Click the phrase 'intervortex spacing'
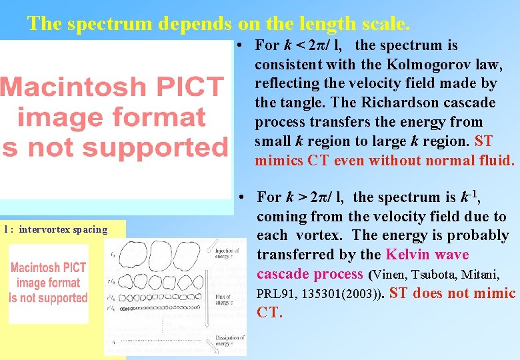[63, 230]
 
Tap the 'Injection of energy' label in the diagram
[227, 254]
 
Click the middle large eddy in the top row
[160, 253]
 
